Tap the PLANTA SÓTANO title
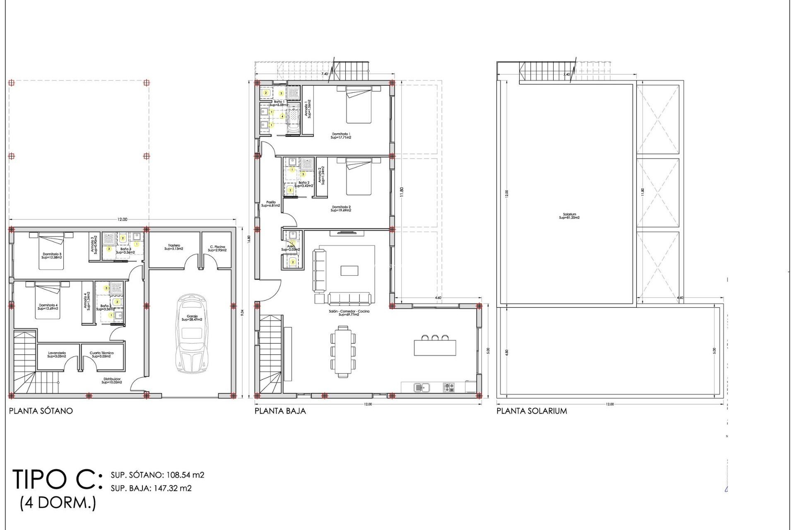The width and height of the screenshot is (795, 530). (41, 411)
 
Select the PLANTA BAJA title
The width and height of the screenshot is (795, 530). (280, 411)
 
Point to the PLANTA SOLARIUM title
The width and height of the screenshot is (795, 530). (532, 411)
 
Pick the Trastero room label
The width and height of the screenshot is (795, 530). (174, 247)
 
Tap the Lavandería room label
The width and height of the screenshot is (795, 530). (57, 354)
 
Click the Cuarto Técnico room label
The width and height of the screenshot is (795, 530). (101, 354)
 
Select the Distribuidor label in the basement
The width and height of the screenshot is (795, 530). (112, 381)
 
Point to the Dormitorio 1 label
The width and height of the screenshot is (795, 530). (341, 135)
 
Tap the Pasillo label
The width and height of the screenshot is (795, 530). (271, 204)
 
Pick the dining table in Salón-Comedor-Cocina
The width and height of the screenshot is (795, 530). (343, 351)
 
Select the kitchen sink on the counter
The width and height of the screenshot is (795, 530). (422, 388)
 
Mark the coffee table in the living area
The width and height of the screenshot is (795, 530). (349, 270)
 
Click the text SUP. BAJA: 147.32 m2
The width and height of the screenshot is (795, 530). (151, 488)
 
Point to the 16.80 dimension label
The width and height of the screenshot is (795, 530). (249, 240)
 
